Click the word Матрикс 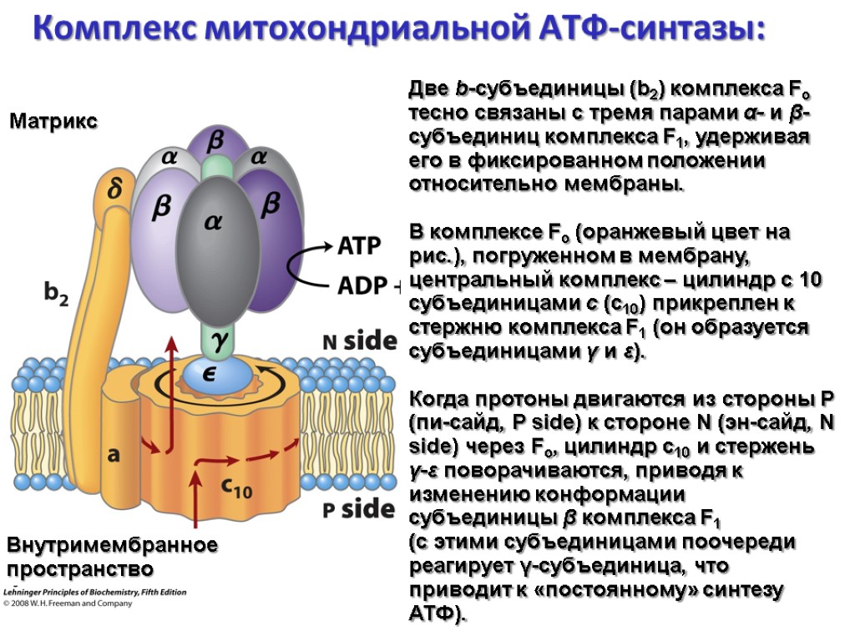coord(53,122)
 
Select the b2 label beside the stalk coord(56,294)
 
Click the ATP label coord(359,246)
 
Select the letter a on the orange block coord(114,455)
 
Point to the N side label coord(358,341)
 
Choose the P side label coord(358,507)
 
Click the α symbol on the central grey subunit coord(214,223)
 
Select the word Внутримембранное coord(112,546)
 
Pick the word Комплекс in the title coord(115,29)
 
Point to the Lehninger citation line coord(95,593)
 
